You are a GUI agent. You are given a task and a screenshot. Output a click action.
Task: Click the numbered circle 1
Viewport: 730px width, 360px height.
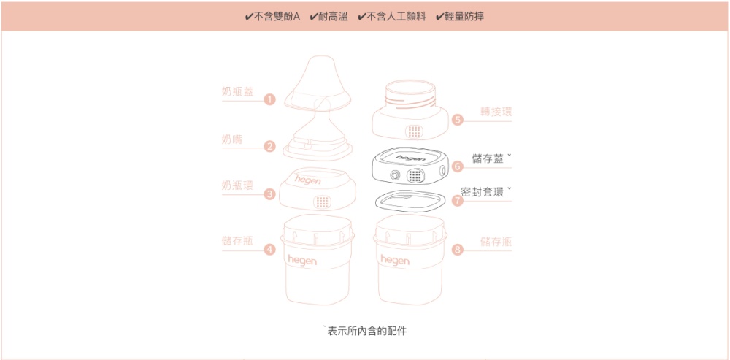point(269,99)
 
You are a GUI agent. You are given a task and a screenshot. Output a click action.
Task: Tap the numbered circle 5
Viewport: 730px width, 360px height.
point(458,120)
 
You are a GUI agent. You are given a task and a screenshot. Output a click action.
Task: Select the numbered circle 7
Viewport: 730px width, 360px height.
point(458,201)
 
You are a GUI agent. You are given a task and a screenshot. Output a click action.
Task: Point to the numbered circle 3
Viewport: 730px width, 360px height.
point(269,194)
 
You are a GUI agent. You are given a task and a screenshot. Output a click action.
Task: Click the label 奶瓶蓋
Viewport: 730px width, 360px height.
point(237,92)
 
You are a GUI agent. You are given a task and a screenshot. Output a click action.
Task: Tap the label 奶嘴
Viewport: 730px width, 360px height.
point(232,139)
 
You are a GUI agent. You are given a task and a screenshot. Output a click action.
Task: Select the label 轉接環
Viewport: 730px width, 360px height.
point(496,112)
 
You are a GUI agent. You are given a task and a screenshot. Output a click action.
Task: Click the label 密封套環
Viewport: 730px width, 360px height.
point(483,192)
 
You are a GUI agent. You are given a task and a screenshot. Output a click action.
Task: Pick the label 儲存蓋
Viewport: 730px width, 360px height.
point(488,158)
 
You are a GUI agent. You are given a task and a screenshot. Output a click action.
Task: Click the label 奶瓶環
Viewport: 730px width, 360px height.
point(237,185)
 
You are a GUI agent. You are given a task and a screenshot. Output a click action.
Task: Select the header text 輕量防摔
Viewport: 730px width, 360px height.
point(464,18)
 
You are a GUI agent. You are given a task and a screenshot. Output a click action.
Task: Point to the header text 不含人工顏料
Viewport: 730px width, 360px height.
point(396,18)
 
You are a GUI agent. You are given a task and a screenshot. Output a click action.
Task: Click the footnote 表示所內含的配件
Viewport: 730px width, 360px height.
point(367,331)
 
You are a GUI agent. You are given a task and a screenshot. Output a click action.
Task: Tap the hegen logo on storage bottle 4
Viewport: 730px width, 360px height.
point(301,260)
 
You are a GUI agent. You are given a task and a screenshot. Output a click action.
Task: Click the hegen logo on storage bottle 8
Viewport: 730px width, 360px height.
point(395,260)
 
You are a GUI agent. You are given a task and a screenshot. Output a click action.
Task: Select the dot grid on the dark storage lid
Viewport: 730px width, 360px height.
point(417,175)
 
